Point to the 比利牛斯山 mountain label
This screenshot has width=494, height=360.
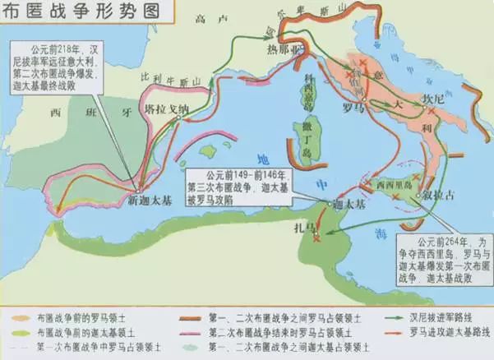166,78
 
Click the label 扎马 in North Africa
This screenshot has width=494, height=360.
305,226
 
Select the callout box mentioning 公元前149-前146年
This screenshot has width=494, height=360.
242,182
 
